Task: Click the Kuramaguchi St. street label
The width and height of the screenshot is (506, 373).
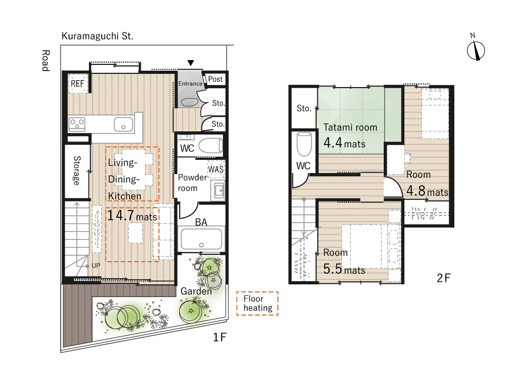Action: pyautogui.click(x=98, y=36)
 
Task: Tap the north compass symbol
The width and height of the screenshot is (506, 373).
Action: pyautogui.click(x=476, y=50)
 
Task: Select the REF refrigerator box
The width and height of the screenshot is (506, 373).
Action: pyautogui.click(x=77, y=83)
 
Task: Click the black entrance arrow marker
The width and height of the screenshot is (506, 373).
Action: pyautogui.click(x=191, y=63)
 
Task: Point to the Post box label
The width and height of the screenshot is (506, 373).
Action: pyautogui.click(x=216, y=79)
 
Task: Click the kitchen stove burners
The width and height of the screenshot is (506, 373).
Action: pyautogui.click(x=77, y=125)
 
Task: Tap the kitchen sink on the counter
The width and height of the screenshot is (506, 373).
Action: pyautogui.click(x=123, y=125)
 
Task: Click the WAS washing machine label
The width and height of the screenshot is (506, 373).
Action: pyautogui.click(x=217, y=170)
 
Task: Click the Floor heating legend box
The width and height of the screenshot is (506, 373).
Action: pyautogui.click(x=258, y=303)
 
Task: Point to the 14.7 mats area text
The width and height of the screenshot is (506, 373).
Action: pyautogui.click(x=132, y=216)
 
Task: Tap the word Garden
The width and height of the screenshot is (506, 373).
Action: pyautogui.click(x=196, y=291)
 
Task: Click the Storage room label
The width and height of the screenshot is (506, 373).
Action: pyautogui.click(x=77, y=170)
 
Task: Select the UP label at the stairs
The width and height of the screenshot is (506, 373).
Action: pyautogui.click(x=95, y=265)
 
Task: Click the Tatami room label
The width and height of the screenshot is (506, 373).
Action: pyautogui.click(x=350, y=127)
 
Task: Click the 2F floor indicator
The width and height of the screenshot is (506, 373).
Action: pyautogui.click(x=444, y=279)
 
